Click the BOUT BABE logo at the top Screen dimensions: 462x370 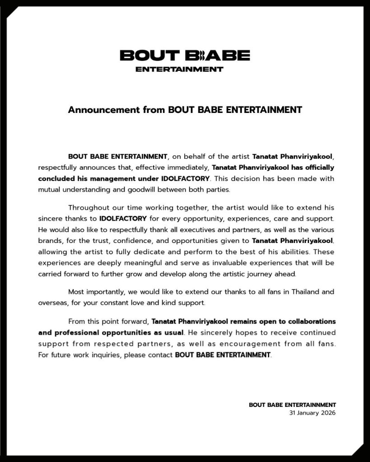[184, 56]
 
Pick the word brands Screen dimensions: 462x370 [51, 241]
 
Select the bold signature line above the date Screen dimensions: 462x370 [292, 405]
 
